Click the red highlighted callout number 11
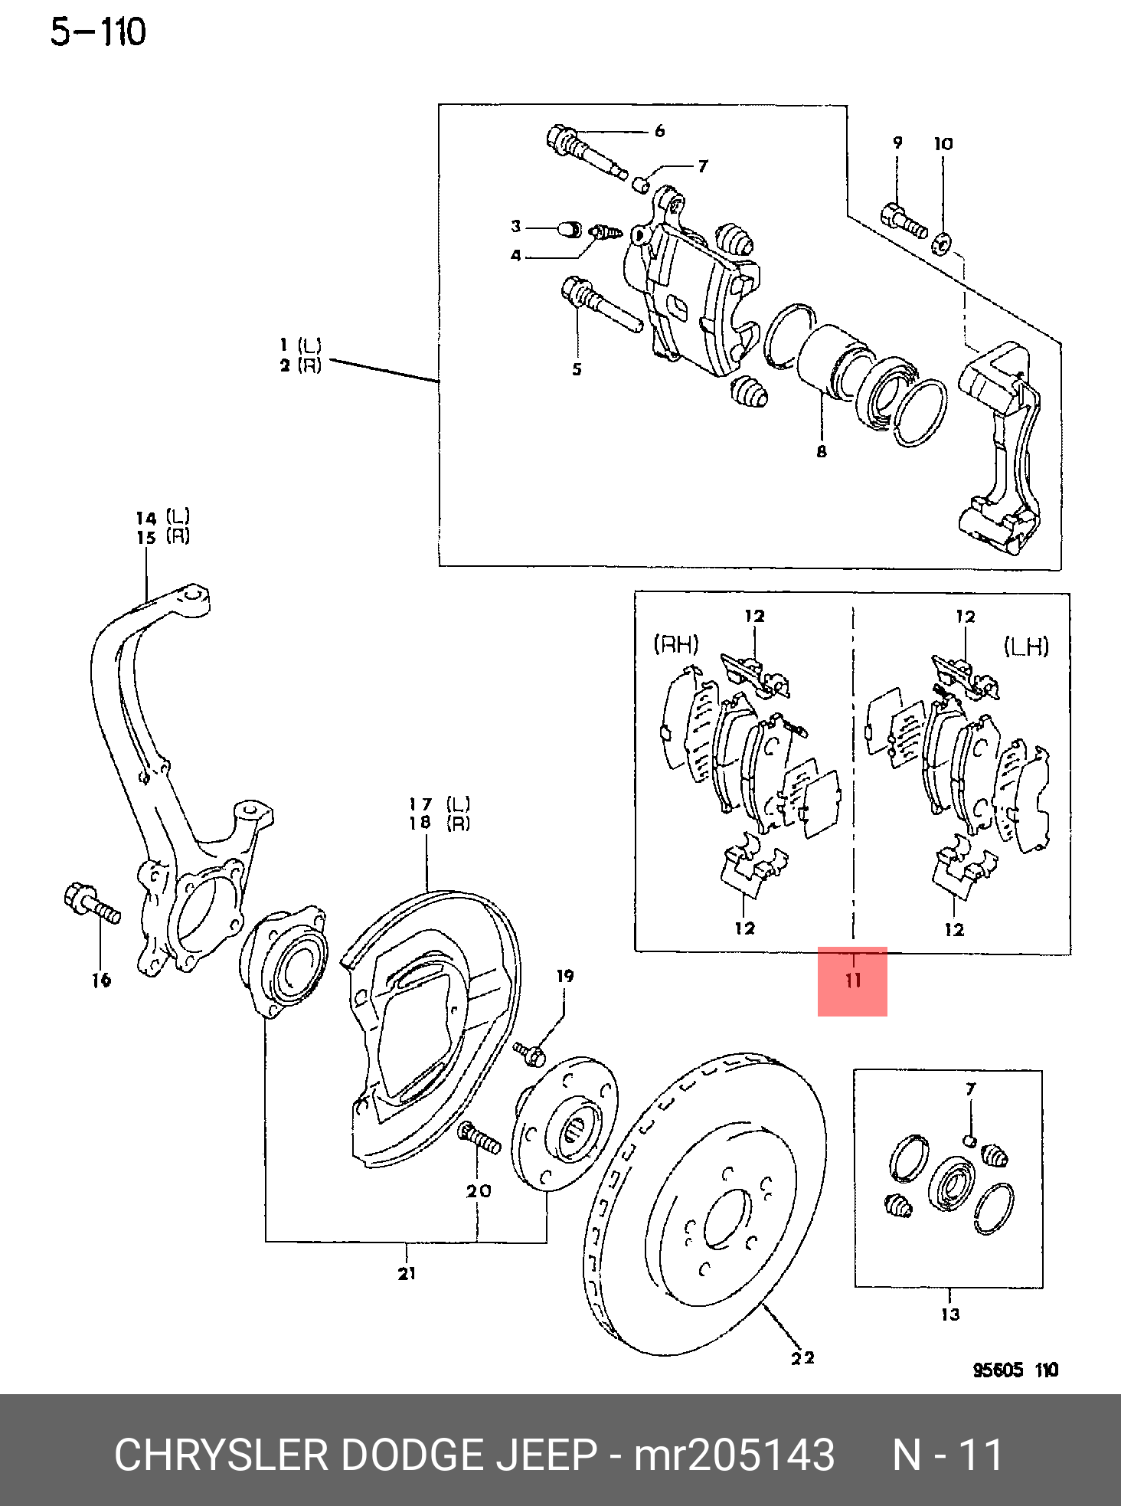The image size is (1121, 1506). click(853, 981)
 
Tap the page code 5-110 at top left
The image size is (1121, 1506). click(98, 33)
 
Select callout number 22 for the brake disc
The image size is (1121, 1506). click(802, 1358)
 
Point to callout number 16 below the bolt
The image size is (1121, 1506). click(101, 980)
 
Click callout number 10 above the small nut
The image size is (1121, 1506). click(943, 144)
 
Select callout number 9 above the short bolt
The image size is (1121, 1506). click(897, 143)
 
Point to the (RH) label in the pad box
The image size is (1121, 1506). click(676, 644)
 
